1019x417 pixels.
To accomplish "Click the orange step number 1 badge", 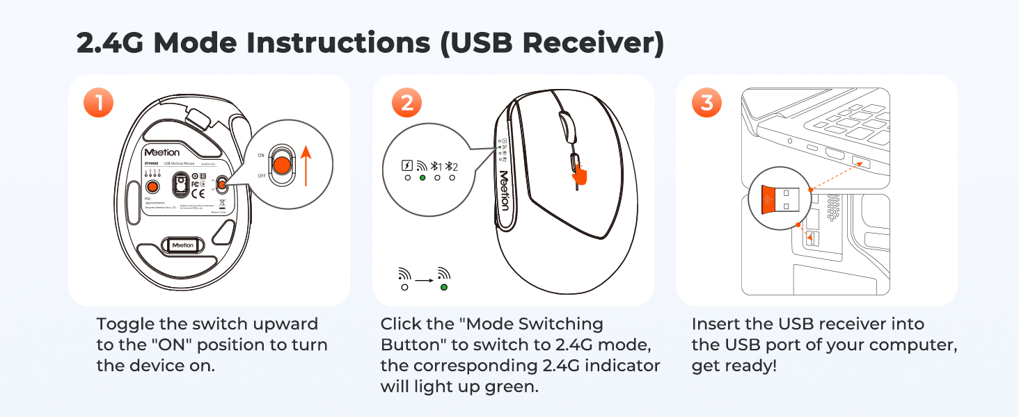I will (99, 103).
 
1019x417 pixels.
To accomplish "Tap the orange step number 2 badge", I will (406, 103).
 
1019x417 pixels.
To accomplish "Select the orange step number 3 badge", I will (707, 103).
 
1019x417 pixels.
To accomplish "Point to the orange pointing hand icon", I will (579, 172).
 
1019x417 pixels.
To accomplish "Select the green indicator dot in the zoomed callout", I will (422, 178).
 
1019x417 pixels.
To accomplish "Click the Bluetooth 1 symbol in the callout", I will (436, 166).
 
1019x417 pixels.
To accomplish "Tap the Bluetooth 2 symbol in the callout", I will (452, 166).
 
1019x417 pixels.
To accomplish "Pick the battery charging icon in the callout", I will (407, 166).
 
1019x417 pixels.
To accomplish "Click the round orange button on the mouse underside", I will (151, 186).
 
